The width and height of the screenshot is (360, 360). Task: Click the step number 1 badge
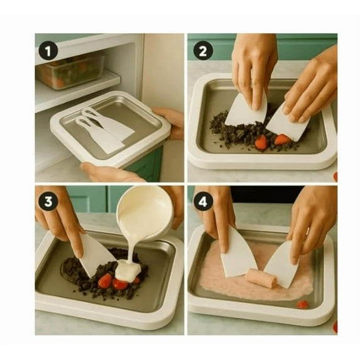pyautogui.click(x=48, y=51)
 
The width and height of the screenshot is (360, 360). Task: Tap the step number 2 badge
pyautogui.click(x=203, y=51)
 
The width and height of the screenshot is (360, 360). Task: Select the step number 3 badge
pyautogui.click(x=48, y=202)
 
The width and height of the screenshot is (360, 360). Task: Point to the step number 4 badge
pyautogui.click(x=203, y=202)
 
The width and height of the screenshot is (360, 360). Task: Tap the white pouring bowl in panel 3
pyautogui.click(x=144, y=212)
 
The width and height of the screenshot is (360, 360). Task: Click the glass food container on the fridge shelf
pyautogui.click(x=70, y=71)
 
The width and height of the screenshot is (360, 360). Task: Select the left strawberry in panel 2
pyautogui.click(x=261, y=143)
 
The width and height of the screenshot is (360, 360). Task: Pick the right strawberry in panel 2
pyautogui.click(x=281, y=139)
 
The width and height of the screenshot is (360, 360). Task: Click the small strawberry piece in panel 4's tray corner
pyautogui.click(x=302, y=304)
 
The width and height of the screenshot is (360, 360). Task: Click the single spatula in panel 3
pyautogui.click(x=95, y=255)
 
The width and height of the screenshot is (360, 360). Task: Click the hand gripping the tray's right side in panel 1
pyautogui.click(x=169, y=123)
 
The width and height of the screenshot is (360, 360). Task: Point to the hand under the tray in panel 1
pyautogui.click(x=110, y=172)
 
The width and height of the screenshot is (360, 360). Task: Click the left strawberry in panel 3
pyautogui.click(x=105, y=281)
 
